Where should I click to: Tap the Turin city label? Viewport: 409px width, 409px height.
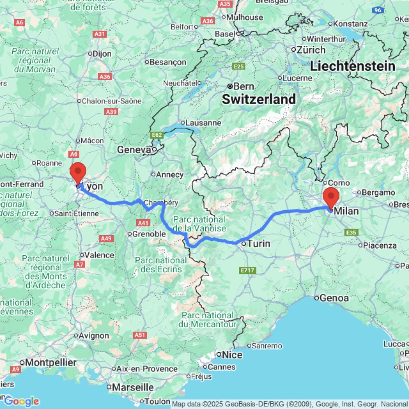(x=259, y=244)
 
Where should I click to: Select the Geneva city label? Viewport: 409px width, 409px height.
(x=134, y=150)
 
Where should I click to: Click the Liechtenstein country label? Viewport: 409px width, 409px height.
(x=353, y=66)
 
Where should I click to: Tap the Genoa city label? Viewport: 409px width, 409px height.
(x=334, y=298)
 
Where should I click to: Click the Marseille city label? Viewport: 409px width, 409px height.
(x=133, y=387)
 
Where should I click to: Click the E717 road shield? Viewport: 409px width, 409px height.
(x=247, y=270)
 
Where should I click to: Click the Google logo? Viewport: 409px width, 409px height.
(x=21, y=401)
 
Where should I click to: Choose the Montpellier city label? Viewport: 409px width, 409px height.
(x=51, y=363)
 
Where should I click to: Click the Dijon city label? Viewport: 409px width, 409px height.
(x=102, y=54)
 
